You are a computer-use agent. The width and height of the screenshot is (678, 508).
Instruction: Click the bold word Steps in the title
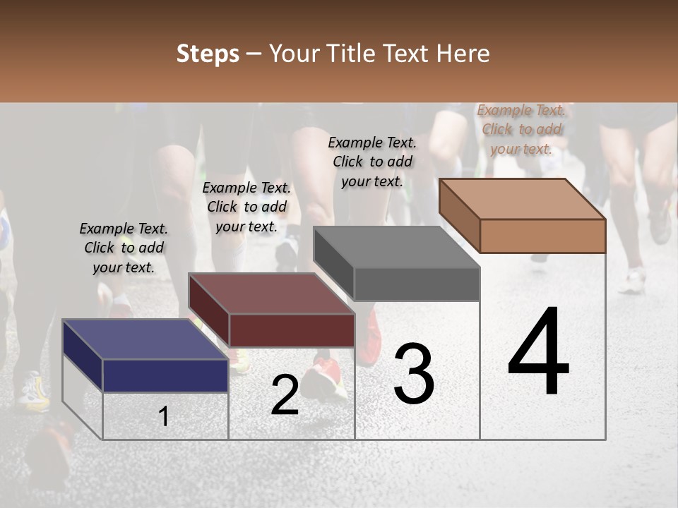[208, 54]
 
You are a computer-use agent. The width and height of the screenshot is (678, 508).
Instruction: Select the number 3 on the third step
[414, 373]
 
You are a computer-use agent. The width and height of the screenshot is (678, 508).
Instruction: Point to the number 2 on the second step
[285, 395]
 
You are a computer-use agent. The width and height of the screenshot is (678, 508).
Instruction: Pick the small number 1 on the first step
[164, 417]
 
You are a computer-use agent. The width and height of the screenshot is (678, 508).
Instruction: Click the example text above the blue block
[124, 248]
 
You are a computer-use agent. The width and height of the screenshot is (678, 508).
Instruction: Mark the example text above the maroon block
[246, 207]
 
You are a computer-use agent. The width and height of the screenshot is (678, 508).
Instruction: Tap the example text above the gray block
[372, 162]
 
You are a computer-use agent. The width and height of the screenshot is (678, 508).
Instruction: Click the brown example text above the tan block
[521, 129]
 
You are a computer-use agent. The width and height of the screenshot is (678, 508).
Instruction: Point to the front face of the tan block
[542, 236]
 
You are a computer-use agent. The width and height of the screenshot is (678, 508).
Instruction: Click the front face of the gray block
[417, 284]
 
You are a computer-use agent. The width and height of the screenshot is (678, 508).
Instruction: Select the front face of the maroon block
[292, 330]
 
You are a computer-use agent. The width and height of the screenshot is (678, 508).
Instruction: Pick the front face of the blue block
[165, 375]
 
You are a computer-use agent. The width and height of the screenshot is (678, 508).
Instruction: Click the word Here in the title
[463, 54]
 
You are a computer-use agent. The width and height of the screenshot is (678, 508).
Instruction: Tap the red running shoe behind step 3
[370, 342]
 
